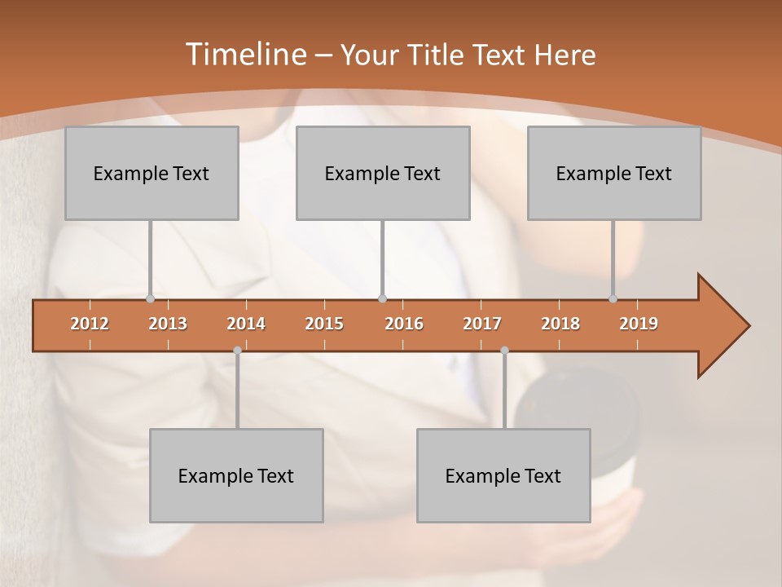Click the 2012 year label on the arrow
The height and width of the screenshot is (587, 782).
pos(90,324)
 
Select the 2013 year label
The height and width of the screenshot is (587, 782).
pos(168,324)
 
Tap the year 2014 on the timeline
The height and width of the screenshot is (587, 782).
pos(246,324)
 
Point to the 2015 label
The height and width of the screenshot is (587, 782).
pos(324,324)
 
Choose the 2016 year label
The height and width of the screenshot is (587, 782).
pos(404,324)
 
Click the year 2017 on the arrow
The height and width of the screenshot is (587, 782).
pos(482,324)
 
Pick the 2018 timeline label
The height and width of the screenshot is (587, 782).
pos(560,324)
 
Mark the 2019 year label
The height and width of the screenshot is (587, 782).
pos(639,324)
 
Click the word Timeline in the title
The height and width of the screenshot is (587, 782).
pos(244,55)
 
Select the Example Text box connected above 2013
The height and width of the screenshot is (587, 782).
pos(152,173)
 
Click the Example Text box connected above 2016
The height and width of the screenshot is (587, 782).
pos(383,173)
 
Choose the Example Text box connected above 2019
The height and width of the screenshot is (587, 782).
pos(614,173)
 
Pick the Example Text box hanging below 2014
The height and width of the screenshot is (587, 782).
pos(236,475)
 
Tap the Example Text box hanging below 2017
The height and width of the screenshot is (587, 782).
pos(503,475)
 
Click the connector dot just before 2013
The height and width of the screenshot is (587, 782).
pos(150,299)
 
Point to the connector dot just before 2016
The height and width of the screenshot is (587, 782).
pos(382,299)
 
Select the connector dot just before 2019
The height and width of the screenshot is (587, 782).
pos(613,299)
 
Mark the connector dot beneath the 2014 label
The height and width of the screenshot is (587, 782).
pos(237,350)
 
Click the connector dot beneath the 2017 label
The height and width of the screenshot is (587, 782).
pos(504,350)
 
